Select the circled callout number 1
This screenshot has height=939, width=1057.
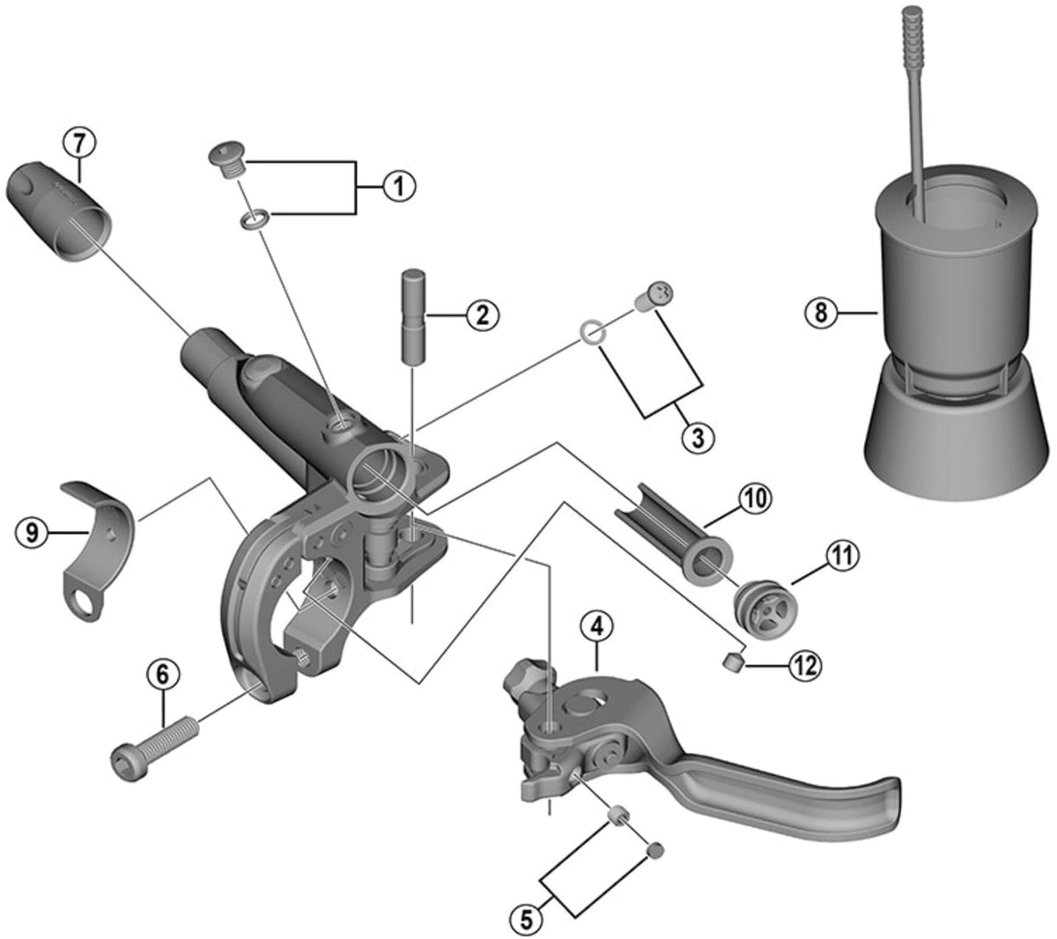click(399, 186)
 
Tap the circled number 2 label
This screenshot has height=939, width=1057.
click(482, 315)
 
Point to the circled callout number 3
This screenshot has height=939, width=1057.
click(698, 438)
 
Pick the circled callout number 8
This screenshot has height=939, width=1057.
click(821, 313)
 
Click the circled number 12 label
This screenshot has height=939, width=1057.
click(804, 665)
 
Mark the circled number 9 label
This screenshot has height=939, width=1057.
click(32, 533)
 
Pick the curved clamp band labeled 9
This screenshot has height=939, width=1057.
click(100, 548)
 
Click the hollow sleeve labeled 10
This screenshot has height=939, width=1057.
click(673, 533)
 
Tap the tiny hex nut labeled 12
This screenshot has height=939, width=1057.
click(734, 662)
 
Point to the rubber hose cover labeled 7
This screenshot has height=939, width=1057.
click(59, 211)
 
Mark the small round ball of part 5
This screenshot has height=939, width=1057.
click(656, 850)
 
